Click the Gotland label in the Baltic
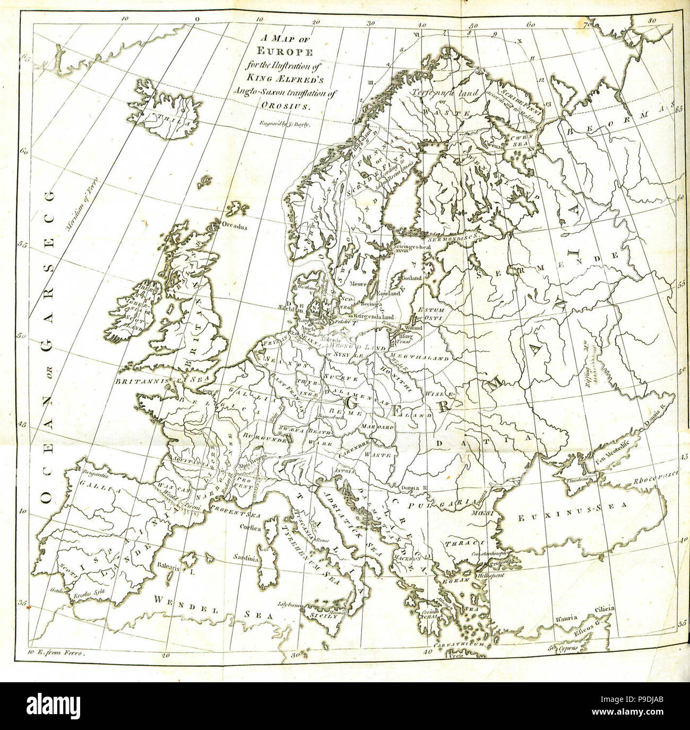coord(412,278)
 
